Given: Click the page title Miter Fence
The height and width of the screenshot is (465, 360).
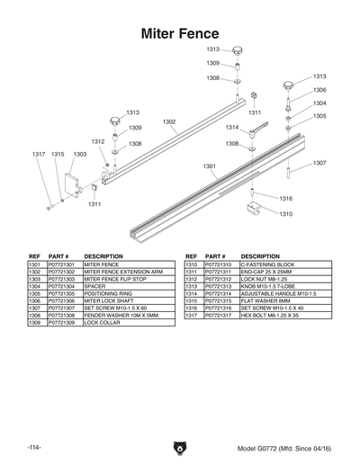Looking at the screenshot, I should pyautogui.click(x=180, y=33).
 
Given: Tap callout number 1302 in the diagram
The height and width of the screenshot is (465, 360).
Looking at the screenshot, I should pyautogui.click(x=169, y=121).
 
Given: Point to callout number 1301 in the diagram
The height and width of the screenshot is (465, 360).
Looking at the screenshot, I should pyautogui.click(x=209, y=166).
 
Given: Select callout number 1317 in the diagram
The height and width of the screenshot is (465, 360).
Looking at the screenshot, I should pyautogui.click(x=39, y=154).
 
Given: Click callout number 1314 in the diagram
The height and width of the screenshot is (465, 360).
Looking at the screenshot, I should pyautogui.click(x=232, y=128).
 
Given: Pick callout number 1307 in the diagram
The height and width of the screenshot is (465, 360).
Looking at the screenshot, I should pyautogui.click(x=319, y=163).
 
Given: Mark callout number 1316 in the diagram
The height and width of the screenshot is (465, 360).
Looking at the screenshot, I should pyautogui.click(x=285, y=198).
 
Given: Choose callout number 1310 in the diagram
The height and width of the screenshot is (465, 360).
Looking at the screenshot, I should pyautogui.click(x=285, y=214).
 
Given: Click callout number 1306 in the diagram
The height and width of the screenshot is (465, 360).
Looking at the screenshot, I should pyautogui.click(x=319, y=91).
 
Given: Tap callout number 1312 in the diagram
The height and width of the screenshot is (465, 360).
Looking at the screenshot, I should pyautogui.click(x=98, y=141).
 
